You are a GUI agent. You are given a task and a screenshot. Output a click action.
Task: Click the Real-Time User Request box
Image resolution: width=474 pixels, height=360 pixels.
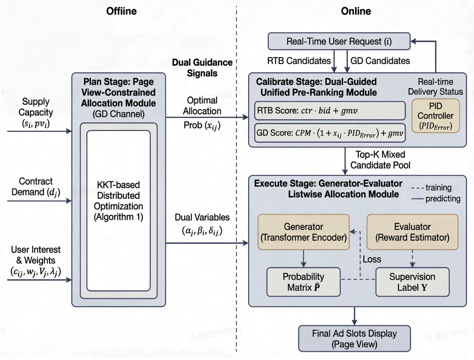pos(339,41)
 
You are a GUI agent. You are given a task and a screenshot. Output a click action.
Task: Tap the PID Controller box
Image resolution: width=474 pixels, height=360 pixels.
pos(436,116)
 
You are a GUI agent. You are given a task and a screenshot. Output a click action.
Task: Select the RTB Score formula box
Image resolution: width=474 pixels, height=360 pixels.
pos(330,110)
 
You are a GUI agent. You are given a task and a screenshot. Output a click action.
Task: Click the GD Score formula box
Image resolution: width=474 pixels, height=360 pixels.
pos(330,133)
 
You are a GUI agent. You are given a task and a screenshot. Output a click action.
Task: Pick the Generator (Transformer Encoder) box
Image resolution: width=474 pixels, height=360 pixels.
pos(303,232)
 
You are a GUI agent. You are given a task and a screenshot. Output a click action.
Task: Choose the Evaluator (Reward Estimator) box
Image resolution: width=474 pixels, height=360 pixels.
pos(412,232)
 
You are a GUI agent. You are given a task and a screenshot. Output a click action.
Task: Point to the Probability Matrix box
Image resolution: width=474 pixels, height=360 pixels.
pos(303,282)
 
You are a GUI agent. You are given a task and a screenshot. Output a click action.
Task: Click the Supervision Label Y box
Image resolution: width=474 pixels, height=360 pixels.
pos(412,282)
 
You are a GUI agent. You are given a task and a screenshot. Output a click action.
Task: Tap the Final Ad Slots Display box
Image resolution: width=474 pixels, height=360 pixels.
pos(354,339)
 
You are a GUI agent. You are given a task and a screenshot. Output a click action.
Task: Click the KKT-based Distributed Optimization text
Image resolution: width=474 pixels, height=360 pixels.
pos(118,201)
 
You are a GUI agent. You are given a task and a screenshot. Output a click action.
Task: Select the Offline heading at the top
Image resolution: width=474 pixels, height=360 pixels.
pos(121,11)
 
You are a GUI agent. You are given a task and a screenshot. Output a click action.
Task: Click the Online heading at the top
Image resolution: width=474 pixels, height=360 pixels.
pos(356,11)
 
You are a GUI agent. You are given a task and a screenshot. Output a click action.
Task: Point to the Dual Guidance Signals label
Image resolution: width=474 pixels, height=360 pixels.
pos(202,68)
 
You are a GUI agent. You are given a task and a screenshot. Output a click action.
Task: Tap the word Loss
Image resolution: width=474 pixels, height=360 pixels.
pos(372,259)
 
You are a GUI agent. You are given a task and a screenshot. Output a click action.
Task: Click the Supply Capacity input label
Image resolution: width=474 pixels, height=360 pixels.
pos(36,112)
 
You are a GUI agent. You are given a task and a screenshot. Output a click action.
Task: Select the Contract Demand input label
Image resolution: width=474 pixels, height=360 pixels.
pos(36,187)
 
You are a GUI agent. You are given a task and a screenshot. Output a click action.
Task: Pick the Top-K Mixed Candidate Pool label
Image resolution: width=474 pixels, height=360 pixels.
pos(380,160)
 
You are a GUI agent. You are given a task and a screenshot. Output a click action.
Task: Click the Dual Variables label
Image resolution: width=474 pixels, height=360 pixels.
pos(202,224)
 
